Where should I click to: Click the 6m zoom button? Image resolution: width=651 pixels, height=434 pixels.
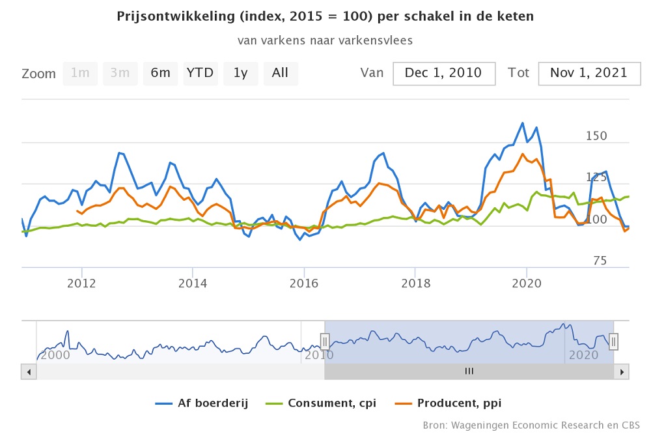[x=160, y=73]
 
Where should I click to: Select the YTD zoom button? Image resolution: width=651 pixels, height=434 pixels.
[x=200, y=73]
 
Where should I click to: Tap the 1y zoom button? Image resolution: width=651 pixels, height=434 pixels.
[x=240, y=73]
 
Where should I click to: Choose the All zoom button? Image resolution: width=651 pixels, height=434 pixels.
[x=280, y=73]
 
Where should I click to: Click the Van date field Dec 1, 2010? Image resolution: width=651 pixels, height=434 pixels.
[x=443, y=73]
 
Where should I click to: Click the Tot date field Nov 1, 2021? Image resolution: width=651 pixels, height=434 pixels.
[x=589, y=73]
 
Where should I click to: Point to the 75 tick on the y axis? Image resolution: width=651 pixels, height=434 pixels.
[x=600, y=261]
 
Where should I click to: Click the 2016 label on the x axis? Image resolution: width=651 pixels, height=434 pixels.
[x=303, y=283]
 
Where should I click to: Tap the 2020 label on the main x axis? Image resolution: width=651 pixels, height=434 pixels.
[x=526, y=283]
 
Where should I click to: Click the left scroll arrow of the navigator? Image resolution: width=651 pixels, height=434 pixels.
[x=29, y=371]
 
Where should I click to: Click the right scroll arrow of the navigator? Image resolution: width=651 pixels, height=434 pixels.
[x=622, y=371]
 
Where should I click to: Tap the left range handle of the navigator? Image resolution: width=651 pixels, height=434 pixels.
[x=325, y=341]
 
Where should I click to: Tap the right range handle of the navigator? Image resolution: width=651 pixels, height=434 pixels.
[x=613, y=341]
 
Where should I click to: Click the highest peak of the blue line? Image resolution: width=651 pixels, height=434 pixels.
[x=522, y=123]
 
